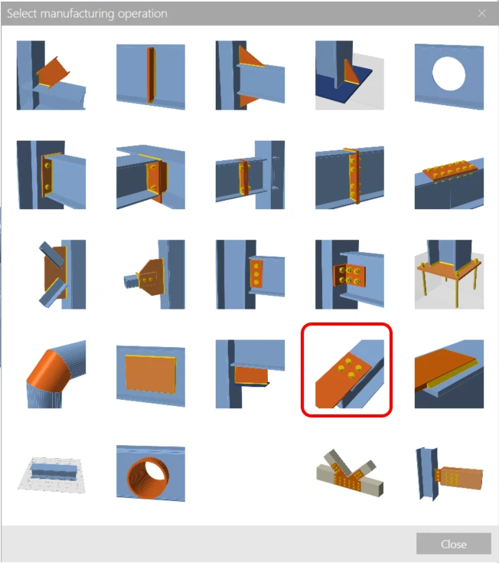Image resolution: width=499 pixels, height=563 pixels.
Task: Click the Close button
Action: click(453, 544)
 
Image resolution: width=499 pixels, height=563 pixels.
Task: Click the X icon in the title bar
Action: click(482, 13)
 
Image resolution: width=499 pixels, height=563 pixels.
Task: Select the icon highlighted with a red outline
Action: click(347, 370)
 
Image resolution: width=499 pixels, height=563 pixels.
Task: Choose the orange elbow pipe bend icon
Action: click(57, 374)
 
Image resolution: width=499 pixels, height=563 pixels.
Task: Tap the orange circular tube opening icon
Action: click(151, 473)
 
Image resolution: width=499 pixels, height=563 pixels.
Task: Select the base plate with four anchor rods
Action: click(449, 274)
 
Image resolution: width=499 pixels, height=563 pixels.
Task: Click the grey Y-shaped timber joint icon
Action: click(350, 473)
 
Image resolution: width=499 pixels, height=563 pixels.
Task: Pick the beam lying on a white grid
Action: click(51, 474)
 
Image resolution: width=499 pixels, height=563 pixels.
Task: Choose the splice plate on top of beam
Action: click(449, 182)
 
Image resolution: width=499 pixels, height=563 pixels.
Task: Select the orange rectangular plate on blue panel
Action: click(151, 375)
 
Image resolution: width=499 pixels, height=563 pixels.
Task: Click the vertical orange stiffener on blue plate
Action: click(151, 77)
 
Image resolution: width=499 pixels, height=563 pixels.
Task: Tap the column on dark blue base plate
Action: click(350, 75)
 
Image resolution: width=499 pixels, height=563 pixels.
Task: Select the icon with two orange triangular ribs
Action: click(250, 75)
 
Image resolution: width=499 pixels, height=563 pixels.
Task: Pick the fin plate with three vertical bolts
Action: click(250, 274)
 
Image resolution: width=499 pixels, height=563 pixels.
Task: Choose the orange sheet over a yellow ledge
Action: click(449, 374)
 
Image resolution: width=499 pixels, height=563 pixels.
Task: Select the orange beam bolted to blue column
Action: click(449, 474)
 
